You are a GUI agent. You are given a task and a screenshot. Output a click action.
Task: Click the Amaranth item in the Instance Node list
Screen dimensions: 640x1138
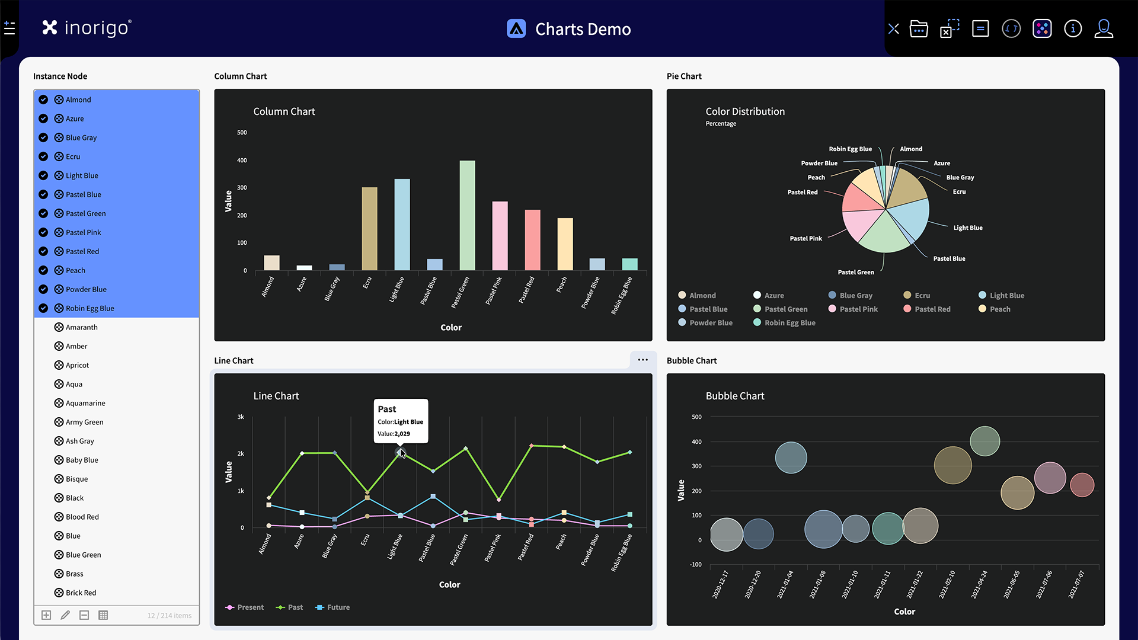coord(81,327)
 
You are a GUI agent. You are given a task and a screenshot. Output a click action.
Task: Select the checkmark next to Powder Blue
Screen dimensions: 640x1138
coord(43,289)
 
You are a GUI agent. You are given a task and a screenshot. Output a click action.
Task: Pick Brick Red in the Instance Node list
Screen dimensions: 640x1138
coord(81,593)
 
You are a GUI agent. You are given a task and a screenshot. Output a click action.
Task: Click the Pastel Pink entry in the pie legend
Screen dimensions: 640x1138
coord(858,309)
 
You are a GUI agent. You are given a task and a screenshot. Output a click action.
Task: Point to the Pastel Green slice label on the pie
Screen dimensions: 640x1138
coord(855,273)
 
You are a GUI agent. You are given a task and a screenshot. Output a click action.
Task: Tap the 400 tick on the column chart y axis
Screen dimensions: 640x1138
coord(242,161)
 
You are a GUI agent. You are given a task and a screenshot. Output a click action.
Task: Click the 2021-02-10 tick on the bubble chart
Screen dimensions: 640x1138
coord(946,585)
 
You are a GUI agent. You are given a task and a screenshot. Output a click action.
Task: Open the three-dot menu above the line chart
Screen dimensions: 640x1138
coord(642,360)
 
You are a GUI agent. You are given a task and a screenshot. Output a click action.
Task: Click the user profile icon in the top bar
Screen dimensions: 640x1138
coord(1103,28)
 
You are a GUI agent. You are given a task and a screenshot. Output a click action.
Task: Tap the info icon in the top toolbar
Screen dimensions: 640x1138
coord(1072,28)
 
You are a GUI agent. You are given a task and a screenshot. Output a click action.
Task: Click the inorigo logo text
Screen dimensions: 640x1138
coord(96,28)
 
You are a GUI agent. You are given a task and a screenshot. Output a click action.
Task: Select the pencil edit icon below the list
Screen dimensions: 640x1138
coord(65,615)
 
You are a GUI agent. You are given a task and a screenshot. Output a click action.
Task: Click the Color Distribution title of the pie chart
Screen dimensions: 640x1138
coord(744,111)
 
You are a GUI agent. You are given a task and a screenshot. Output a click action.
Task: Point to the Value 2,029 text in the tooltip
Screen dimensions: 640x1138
coord(394,434)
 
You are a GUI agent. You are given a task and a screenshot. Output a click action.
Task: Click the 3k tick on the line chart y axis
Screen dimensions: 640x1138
coord(241,417)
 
